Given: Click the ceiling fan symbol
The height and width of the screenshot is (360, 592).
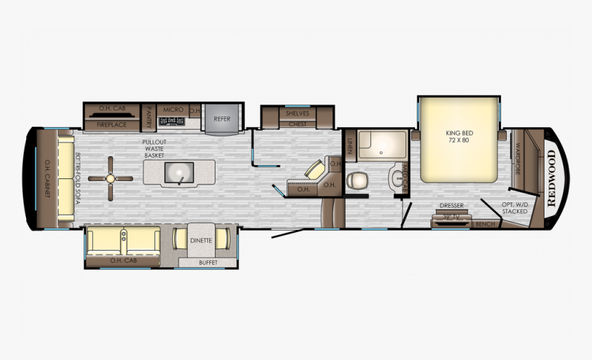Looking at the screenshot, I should click(110, 178).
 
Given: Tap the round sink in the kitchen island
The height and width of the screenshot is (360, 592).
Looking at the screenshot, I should click(180, 172).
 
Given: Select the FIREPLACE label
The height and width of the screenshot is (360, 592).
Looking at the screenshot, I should click(111, 125).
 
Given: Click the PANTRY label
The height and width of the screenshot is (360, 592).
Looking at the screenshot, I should click(148, 118).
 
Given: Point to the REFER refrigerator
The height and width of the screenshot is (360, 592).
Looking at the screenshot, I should click(222, 118).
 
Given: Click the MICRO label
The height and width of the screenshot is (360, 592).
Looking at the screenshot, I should click(173, 109).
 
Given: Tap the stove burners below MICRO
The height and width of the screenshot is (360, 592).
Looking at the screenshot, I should click(172, 122).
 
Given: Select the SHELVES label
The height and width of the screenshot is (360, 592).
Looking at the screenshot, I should click(297, 113).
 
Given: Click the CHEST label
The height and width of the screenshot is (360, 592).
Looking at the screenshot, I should click(297, 124).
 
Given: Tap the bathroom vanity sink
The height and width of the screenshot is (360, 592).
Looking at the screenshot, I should click(397, 178).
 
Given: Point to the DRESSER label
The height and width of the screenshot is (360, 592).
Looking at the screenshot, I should click(452, 205).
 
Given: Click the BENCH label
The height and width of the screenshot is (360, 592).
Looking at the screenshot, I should click(485, 224).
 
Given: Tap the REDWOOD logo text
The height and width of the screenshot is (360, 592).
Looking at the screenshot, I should click(552, 178).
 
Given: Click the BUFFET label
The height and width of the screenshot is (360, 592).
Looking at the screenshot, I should click(208, 262).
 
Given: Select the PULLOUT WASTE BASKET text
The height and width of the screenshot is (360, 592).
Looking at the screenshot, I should click(154, 149).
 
